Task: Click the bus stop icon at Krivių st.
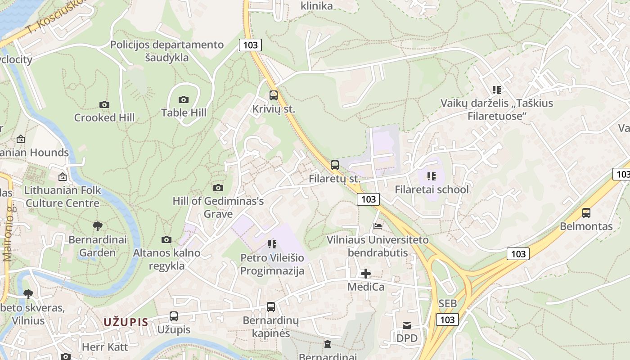(x=273, y=95)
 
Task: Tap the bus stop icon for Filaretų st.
(x=334, y=165)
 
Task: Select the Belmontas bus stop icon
(x=586, y=213)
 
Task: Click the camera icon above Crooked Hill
(x=104, y=104)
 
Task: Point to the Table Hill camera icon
(x=184, y=99)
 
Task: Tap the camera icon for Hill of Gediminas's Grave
(x=218, y=188)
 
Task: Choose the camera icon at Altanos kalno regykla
(x=166, y=239)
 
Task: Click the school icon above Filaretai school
(x=432, y=176)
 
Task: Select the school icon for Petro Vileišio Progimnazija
(x=272, y=244)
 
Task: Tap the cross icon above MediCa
(x=366, y=273)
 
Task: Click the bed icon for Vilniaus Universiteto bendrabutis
(x=378, y=226)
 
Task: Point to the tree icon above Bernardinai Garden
(x=97, y=226)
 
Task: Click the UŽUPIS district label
(x=126, y=322)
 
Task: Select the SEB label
(x=447, y=304)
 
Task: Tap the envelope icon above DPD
(x=407, y=325)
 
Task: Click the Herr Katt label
(x=105, y=347)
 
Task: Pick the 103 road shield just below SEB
(x=447, y=319)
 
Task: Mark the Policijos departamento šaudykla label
(x=167, y=51)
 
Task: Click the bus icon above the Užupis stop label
(x=174, y=316)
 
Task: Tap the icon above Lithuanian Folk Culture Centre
(x=62, y=177)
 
